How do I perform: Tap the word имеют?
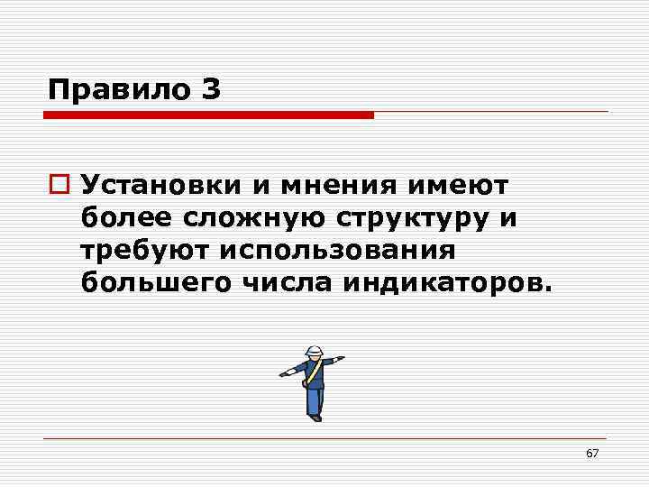[458, 186]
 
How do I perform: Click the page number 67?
[591, 453]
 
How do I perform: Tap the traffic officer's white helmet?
[314, 351]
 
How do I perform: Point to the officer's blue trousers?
[314, 397]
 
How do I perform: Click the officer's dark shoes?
[315, 417]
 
